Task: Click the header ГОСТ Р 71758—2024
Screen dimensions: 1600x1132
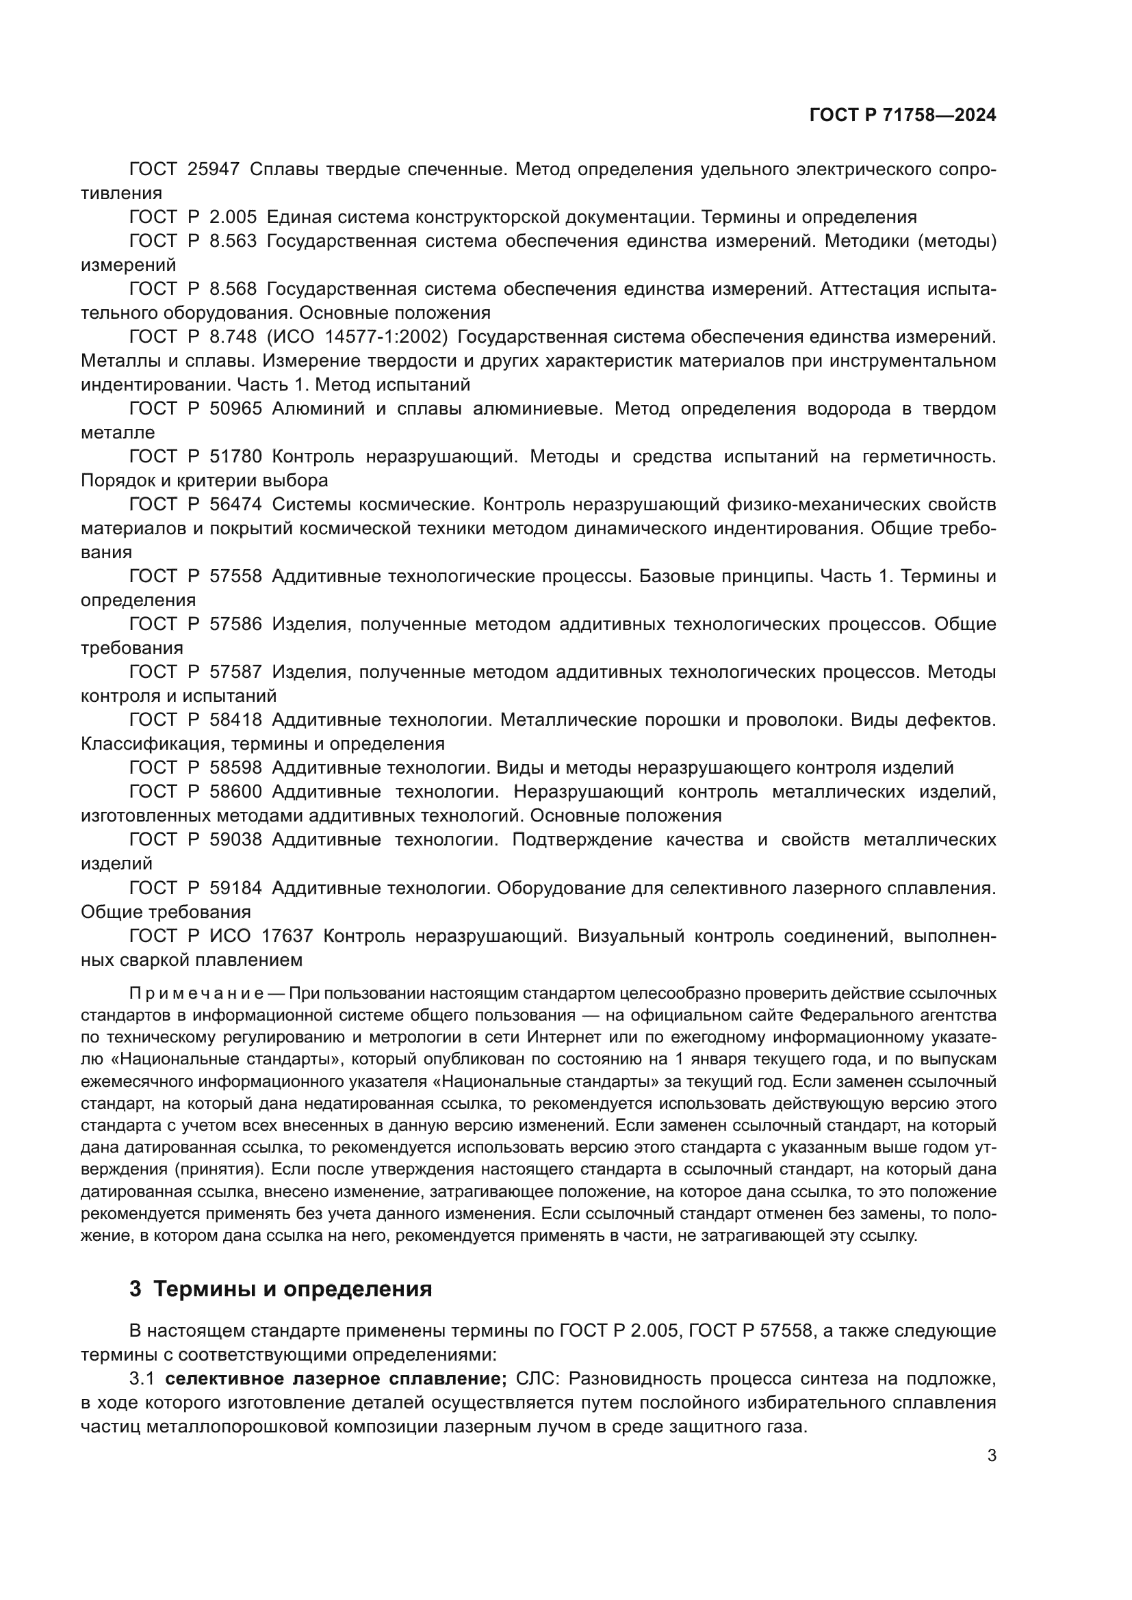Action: (903, 115)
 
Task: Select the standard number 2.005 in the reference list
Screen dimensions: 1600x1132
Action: (233, 218)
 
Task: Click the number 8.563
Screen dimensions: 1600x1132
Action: (233, 241)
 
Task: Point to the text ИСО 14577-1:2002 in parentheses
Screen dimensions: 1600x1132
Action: (357, 337)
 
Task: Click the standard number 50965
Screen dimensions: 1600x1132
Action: (235, 409)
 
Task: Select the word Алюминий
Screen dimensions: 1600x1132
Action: (318, 409)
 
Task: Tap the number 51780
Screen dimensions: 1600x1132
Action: (235, 457)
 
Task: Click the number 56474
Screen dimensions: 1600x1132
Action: (235, 505)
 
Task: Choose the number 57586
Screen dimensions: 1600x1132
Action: (235, 625)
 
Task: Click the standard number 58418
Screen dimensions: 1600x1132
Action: (235, 720)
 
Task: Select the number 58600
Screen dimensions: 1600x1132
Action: (235, 792)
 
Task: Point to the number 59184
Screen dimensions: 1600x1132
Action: (235, 889)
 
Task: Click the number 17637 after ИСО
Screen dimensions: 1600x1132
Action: (287, 936)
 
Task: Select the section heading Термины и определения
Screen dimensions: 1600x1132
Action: (292, 1289)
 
